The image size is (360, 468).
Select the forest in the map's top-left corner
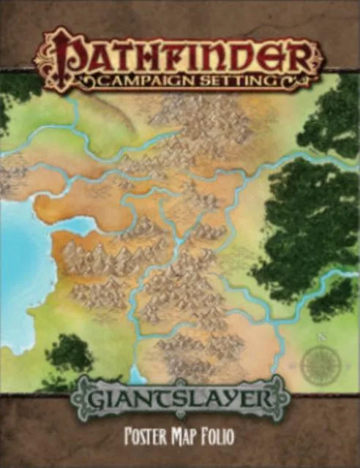[x=15, y=95]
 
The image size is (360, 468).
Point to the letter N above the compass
[x=320, y=337]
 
